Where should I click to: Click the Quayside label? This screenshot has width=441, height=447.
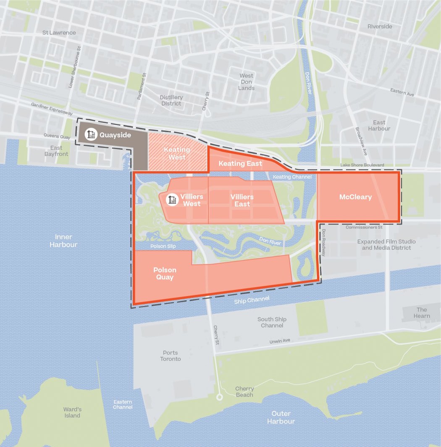coord(115,135)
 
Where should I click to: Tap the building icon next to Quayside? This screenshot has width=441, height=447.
coord(91,135)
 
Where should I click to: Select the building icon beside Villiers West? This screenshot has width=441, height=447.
coord(172,200)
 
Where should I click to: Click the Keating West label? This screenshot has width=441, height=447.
coord(177,153)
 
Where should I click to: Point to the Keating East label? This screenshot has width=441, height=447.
coord(240,163)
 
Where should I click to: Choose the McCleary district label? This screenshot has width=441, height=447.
coord(355,197)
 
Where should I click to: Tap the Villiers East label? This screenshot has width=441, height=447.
coord(242,200)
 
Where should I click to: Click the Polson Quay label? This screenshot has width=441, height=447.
coord(165,273)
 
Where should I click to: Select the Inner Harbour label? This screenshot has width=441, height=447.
coord(63,241)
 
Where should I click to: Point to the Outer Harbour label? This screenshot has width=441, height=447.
coord(281,418)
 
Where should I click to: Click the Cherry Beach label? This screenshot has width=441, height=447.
coord(244,392)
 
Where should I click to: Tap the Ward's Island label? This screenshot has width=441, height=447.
coord(72,412)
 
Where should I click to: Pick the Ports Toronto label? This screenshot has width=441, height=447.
coord(171,356)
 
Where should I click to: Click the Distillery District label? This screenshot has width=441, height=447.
coord(171,100)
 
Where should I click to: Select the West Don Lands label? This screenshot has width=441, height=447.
coord(247,82)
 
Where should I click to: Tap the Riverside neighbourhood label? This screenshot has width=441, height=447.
coord(380,26)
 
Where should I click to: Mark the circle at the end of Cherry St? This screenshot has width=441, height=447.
coord(219,397)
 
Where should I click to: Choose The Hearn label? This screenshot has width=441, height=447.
coord(421,313)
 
